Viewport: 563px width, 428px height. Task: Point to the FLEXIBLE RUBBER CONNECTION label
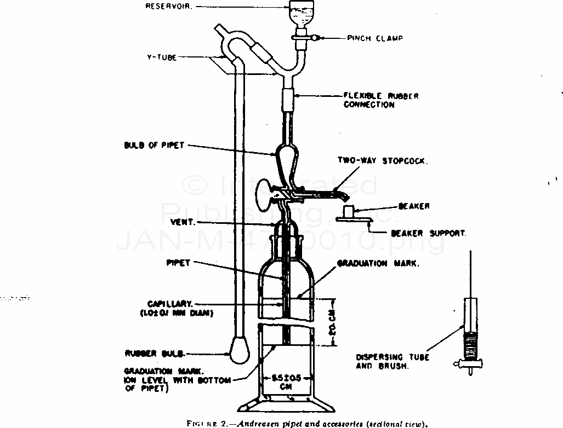point(381,100)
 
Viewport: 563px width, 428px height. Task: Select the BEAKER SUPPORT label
point(429,233)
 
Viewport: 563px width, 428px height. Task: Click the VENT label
point(184,223)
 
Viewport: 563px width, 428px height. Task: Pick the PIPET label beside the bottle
point(179,263)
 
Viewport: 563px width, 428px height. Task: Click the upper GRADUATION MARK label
point(378,263)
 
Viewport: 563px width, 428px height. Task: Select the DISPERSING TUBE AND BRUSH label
point(391,361)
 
